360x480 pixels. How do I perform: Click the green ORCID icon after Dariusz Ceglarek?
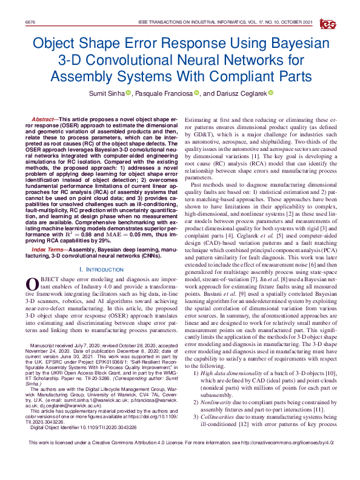(271, 93)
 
